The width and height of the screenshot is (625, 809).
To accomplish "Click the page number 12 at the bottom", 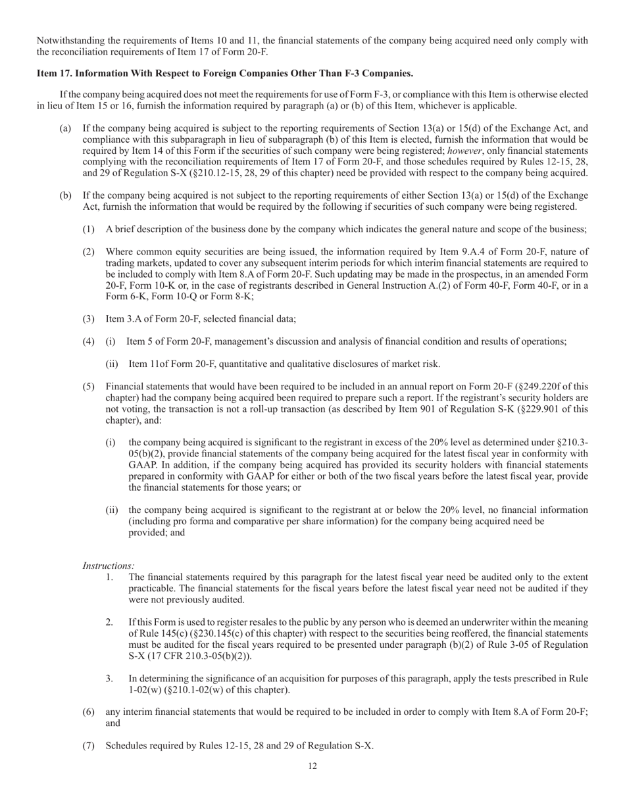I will click(x=312, y=766).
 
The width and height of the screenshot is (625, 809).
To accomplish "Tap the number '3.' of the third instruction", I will click(x=109, y=679).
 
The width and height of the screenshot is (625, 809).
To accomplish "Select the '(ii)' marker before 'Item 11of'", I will click(x=113, y=364).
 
